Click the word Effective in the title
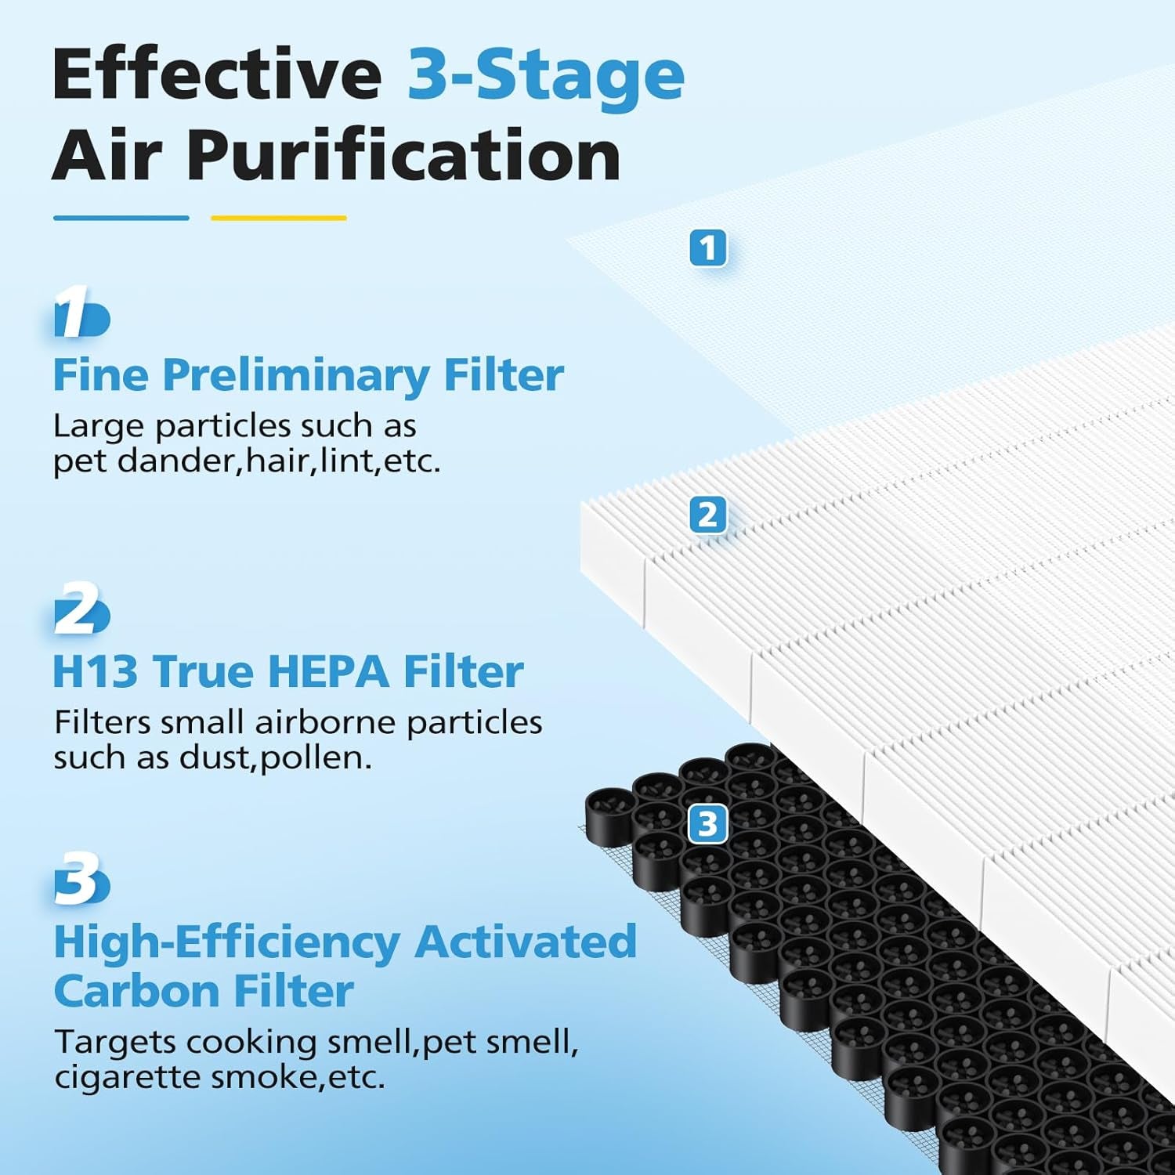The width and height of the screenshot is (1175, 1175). (x=217, y=74)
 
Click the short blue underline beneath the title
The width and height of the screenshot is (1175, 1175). (x=121, y=218)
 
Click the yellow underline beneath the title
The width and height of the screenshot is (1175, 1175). (x=279, y=218)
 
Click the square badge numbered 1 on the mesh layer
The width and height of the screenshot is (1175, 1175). (x=708, y=248)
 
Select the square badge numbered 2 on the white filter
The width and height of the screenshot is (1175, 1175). (x=708, y=515)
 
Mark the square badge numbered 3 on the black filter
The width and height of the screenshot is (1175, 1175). (x=708, y=824)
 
